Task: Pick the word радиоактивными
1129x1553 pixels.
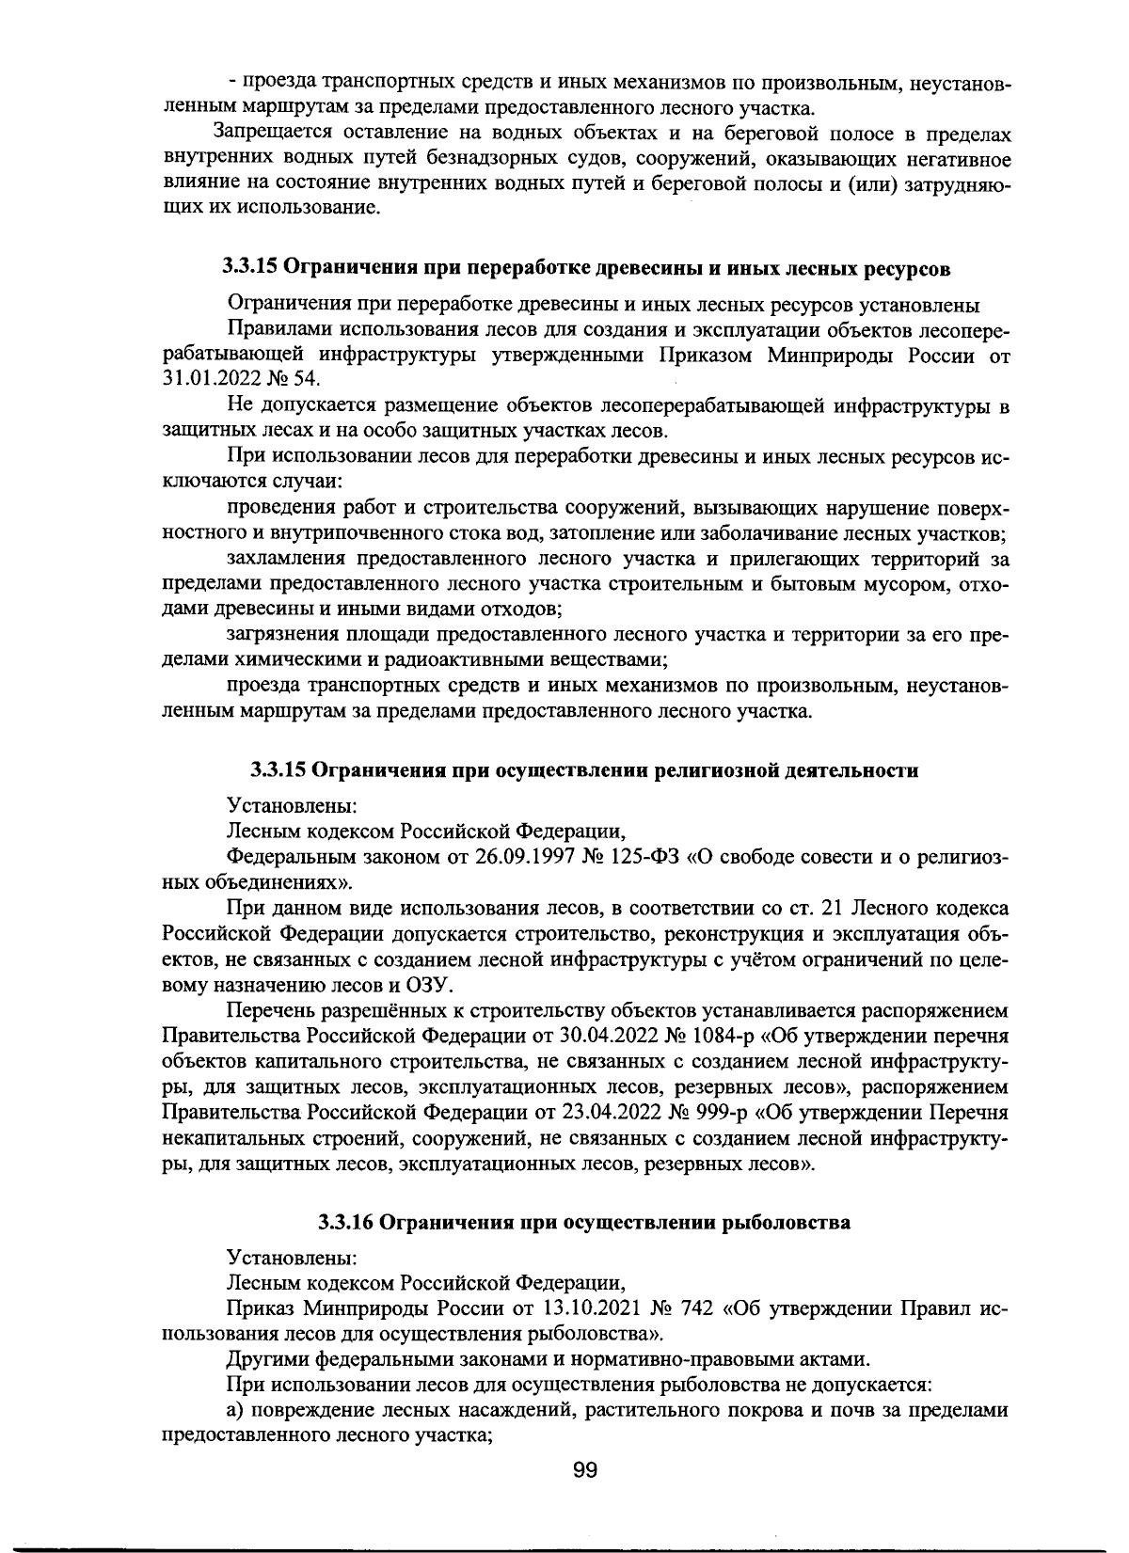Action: (x=489, y=659)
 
